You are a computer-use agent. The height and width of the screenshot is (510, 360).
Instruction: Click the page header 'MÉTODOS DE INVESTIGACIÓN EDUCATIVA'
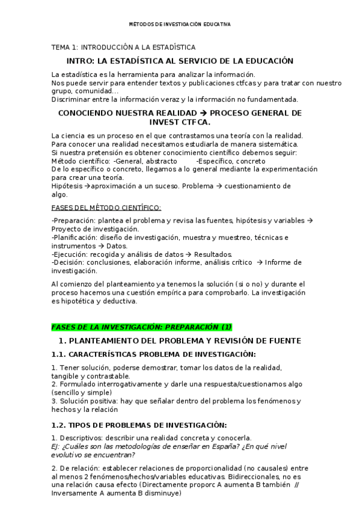tap(180, 25)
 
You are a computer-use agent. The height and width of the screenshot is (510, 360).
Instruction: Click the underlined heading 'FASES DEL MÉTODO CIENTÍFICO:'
tap(106, 207)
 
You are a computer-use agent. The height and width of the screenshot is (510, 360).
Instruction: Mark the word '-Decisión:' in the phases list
tap(68, 262)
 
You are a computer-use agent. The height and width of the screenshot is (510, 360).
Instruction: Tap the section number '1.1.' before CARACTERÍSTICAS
tap(58, 354)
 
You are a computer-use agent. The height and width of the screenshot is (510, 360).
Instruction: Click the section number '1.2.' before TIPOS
tap(58, 425)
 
